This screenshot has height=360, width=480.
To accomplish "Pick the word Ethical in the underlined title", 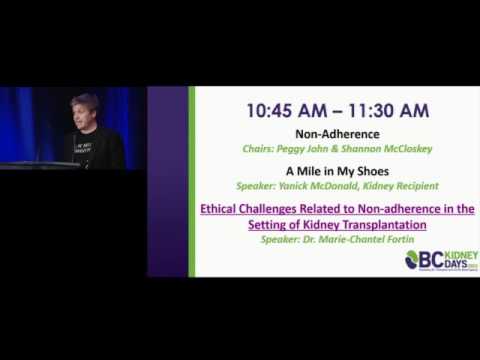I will (224, 209).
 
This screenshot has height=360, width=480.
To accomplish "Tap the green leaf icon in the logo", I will (413, 260).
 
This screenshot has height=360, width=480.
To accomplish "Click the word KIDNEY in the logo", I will (461, 256).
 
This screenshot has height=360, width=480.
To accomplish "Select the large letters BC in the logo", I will (434, 260).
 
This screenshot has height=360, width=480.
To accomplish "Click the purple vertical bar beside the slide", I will (191, 180).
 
